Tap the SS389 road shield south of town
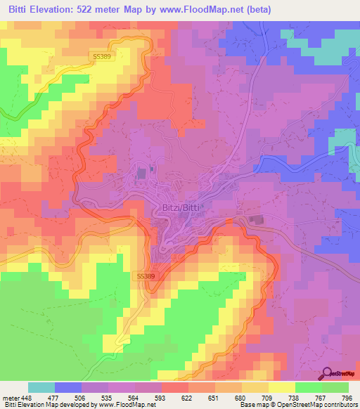coord(145,277)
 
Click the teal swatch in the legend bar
coord(41,387)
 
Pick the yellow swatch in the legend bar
coord(283,387)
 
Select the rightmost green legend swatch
coord(335,387)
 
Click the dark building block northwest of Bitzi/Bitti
coord(141,173)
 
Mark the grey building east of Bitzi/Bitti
coord(256,221)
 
